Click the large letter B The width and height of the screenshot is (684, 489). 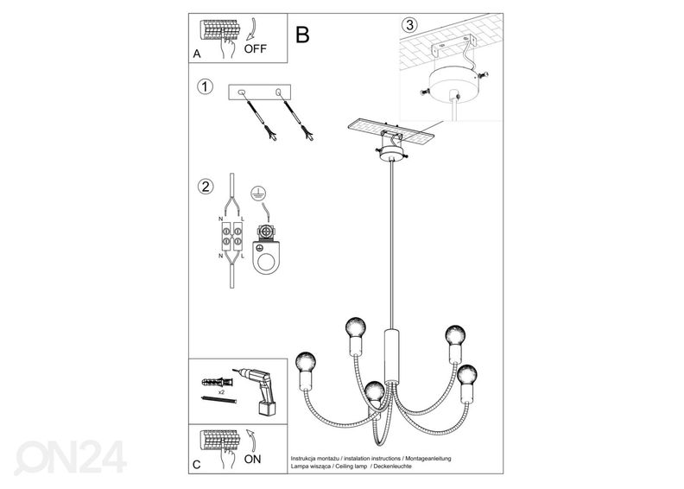pyautogui.click(x=302, y=35)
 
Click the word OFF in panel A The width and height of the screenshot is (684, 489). pyautogui.click(x=256, y=49)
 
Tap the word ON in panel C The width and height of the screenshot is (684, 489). pyautogui.click(x=253, y=459)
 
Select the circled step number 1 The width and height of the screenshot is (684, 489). pyautogui.click(x=204, y=86)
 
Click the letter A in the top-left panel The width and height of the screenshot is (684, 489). pyautogui.click(x=197, y=54)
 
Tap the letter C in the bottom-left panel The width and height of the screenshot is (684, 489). pyautogui.click(x=197, y=466)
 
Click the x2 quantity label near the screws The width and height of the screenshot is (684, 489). pyautogui.click(x=222, y=391)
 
